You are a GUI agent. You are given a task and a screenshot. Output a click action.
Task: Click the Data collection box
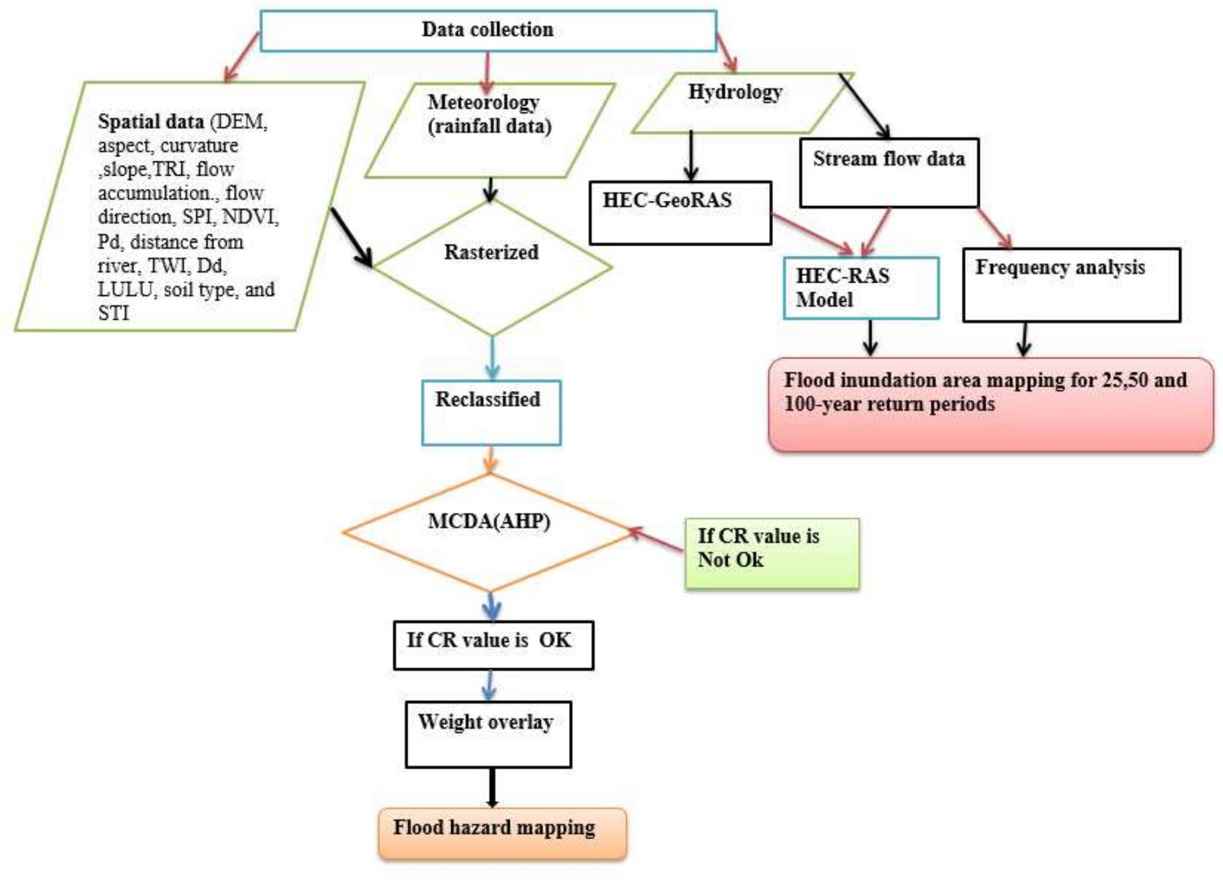tap(487, 31)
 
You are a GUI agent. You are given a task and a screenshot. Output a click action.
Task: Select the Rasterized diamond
tap(491, 267)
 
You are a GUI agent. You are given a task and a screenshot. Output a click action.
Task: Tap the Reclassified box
tap(491, 412)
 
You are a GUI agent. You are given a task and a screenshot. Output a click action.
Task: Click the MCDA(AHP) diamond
tap(489, 532)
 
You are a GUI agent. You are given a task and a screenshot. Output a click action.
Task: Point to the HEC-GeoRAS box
tap(679, 213)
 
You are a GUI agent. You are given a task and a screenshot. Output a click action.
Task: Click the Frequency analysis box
tap(1071, 285)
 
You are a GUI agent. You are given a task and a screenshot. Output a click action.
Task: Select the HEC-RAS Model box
tap(860, 288)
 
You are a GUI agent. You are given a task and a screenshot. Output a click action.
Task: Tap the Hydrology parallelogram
tap(738, 103)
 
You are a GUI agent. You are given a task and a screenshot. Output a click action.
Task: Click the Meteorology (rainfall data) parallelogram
tap(490, 130)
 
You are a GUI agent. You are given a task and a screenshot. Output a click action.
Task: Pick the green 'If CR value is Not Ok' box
tap(771, 553)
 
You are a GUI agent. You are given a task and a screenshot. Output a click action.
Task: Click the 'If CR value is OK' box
tap(493, 644)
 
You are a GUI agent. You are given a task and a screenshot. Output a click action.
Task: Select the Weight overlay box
tap(488, 734)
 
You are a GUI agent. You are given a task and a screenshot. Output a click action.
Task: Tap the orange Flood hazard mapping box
tap(502, 832)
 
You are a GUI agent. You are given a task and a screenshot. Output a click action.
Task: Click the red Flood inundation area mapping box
tap(990, 404)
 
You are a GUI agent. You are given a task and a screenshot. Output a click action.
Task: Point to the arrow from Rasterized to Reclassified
tap(492, 358)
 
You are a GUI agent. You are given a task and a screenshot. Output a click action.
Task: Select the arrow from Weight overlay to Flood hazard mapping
tap(492, 787)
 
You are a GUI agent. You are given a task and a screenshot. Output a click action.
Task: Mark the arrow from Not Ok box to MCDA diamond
tap(657, 540)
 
